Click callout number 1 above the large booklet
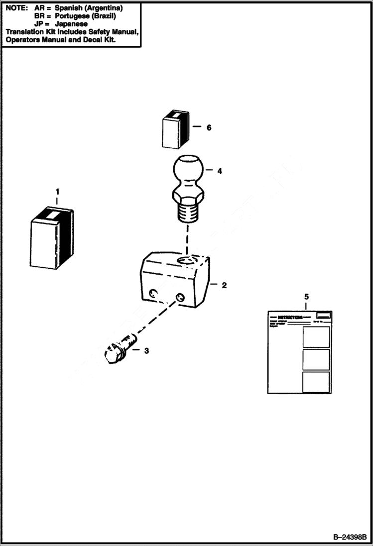[x=57, y=191]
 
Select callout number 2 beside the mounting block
[x=224, y=285]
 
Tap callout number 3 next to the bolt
[x=146, y=350]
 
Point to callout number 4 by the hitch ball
[x=220, y=171]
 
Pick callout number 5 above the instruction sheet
[x=306, y=297]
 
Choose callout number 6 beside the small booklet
[x=209, y=127]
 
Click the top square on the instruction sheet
[x=316, y=337]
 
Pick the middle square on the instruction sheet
[x=316, y=359]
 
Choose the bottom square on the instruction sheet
[x=316, y=382]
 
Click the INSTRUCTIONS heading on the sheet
[x=290, y=317]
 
